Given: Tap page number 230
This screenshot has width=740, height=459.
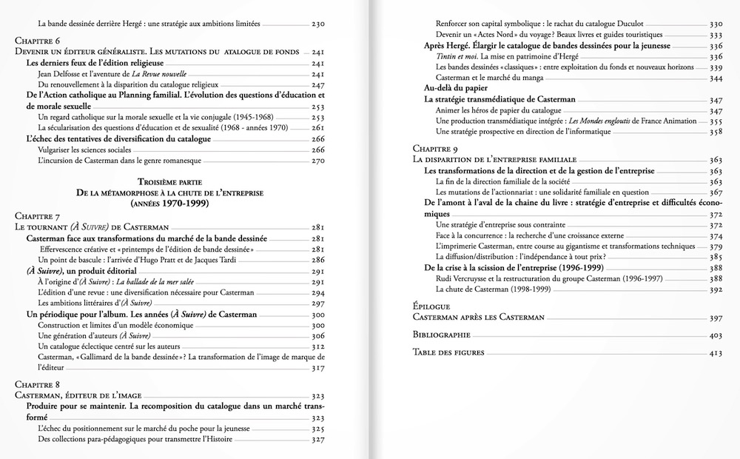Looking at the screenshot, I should tap(318, 24).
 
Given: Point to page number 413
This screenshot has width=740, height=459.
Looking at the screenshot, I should tap(715, 353).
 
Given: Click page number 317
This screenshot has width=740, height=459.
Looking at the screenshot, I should tap(318, 368).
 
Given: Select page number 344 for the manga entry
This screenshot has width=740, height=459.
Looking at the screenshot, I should tap(715, 78).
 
